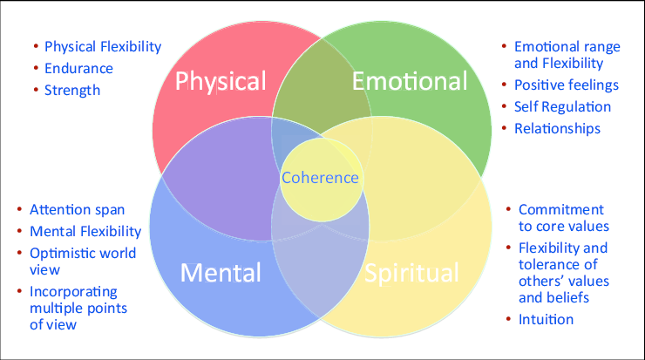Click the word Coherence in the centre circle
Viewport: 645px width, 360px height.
[320, 178]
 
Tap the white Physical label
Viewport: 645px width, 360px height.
[221, 82]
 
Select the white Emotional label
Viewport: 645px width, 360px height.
[410, 82]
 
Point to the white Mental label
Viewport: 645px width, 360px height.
[221, 273]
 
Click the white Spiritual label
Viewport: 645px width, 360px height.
[411, 273]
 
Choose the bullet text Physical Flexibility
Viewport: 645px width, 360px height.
[103, 46]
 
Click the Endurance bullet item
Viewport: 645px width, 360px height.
[78, 68]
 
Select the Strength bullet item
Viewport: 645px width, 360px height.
[72, 90]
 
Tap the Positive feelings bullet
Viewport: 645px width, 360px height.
[567, 85]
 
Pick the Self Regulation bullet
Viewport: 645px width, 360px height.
[562, 107]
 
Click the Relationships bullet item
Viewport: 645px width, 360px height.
[557, 129]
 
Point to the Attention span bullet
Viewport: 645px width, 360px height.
[77, 210]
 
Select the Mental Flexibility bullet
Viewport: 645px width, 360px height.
[85, 232]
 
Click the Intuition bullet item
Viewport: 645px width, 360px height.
[546, 319]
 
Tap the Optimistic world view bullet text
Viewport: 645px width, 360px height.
[83, 262]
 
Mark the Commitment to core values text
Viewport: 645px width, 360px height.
[563, 218]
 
